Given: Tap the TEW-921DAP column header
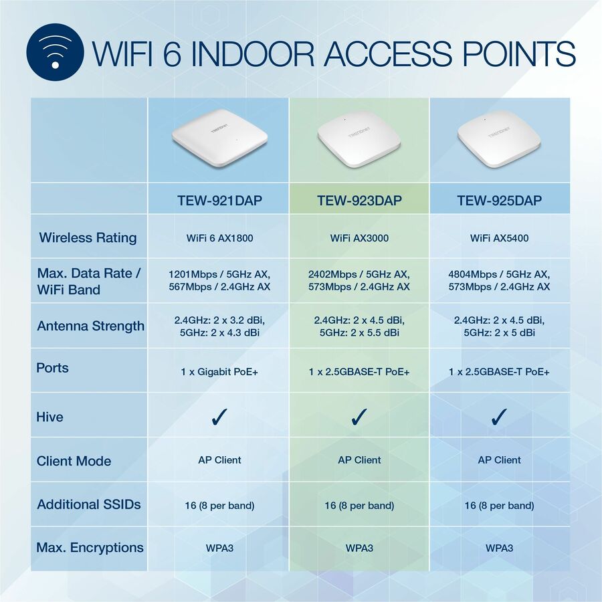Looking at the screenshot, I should pos(219,201).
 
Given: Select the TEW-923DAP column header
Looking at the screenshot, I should pos(359,201).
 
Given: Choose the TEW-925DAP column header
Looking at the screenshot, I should pos(499,201).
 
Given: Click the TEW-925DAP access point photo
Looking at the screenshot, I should pos(499,139).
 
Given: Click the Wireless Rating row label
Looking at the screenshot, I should pos(88,237).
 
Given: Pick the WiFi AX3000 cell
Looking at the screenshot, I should pos(359,238).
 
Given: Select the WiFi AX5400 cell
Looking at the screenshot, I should pos(499,238).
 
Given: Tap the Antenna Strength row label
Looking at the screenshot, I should pos(90,326).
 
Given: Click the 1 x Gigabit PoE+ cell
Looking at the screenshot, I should pos(219,371).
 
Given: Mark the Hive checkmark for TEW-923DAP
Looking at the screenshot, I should pos(359,417).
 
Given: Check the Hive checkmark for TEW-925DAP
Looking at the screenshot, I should pos(499,417).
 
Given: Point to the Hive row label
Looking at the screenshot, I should pos(50,417).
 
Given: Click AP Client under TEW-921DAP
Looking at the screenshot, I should pos(219,460).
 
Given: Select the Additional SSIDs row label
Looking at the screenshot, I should pos(89,504).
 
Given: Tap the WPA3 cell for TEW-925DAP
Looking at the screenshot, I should pos(499,548).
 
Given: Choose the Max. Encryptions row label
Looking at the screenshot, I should pos(90,547).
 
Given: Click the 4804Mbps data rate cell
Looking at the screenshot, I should pos(499,280).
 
